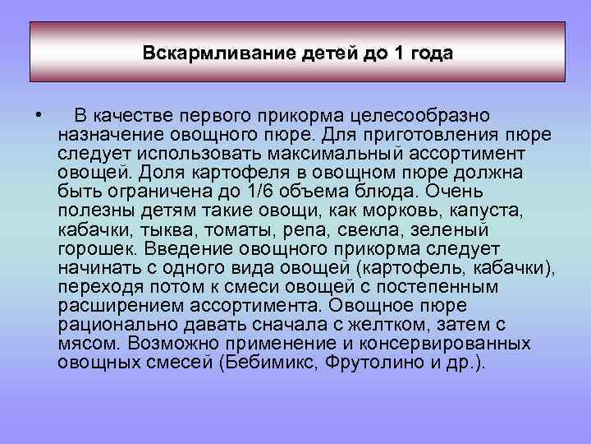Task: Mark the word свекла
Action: click(x=327, y=229)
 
